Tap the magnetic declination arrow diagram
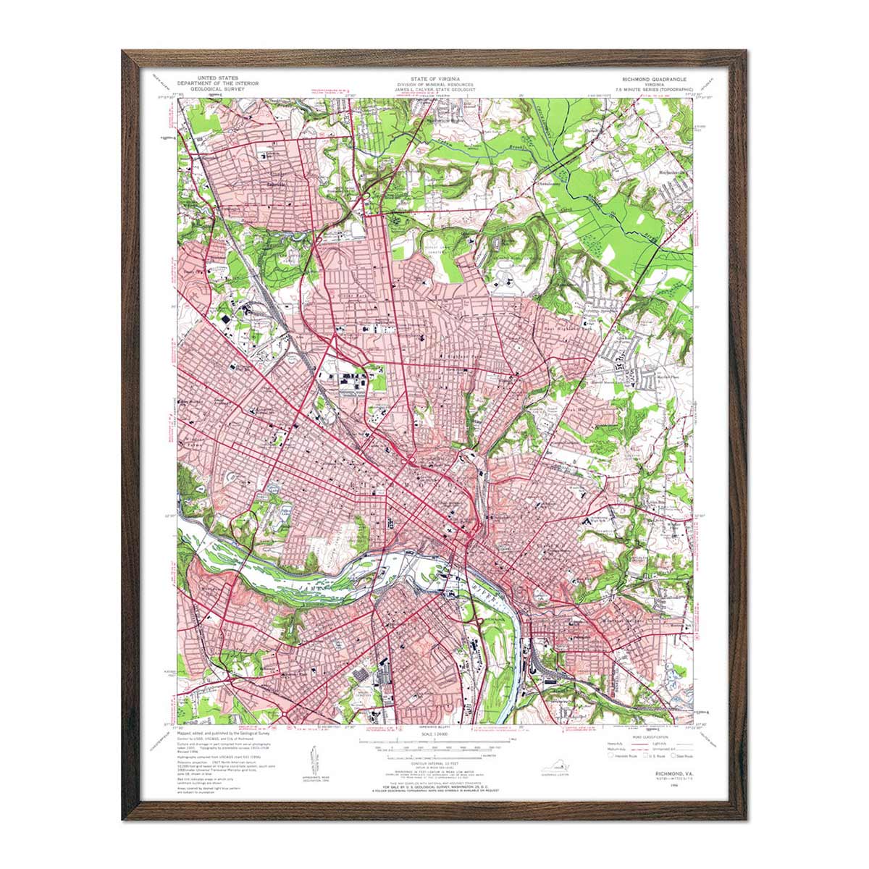click(316, 757)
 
